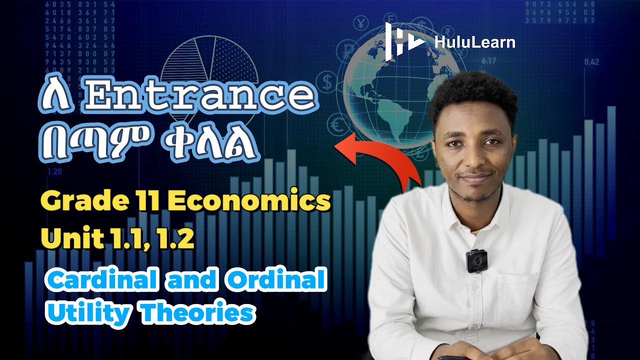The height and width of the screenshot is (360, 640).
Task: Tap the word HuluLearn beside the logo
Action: pos(474,42)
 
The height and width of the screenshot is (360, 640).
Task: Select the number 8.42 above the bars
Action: pos(591,62)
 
